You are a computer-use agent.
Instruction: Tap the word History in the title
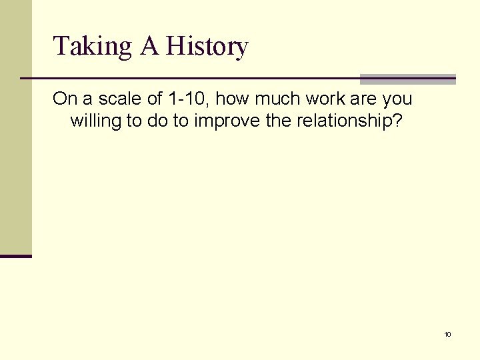[207, 47]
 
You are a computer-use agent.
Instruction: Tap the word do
[155, 121]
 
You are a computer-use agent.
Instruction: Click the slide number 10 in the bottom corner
[447, 334]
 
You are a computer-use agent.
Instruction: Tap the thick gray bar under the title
[407, 79]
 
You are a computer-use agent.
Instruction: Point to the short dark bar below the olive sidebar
[16, 255]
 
